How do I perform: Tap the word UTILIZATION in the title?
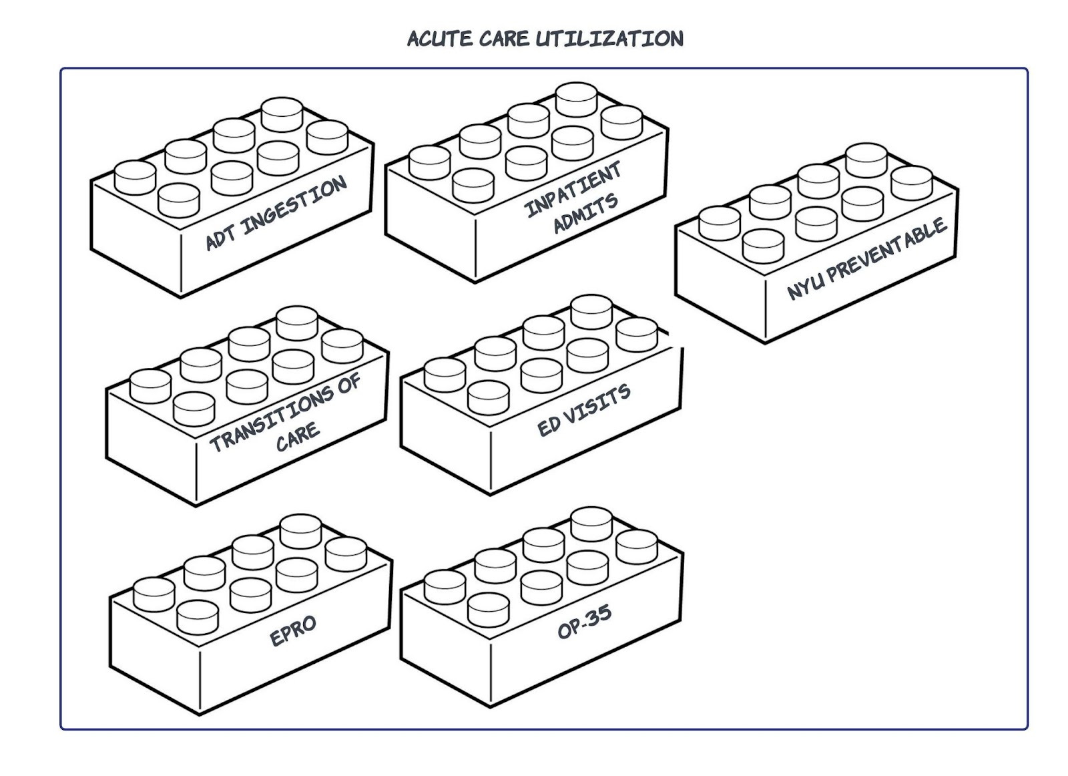coord(609,39)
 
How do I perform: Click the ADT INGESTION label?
coord(276,213)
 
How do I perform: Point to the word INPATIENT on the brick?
coord(573,190)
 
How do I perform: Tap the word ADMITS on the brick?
coord(585,214)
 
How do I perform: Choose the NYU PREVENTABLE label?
coord(867,258)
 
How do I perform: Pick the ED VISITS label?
coord(584,410)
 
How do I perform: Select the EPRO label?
coord(293,630)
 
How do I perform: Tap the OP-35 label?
coord(584,622)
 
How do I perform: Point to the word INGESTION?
coord(294,204)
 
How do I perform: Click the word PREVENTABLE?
coord(888,250)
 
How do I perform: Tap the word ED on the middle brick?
coord(549,425)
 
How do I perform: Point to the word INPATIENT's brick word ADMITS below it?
coord(585,214)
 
